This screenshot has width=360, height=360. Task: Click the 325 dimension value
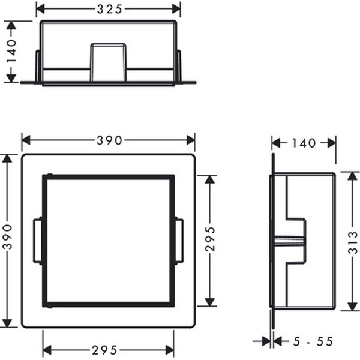point(109,9)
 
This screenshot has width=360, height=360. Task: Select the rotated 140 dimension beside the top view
point(11,51)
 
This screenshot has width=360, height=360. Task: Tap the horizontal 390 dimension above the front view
point(109,140)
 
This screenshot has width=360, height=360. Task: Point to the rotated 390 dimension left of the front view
point(7,237)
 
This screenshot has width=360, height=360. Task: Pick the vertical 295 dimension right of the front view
point(210,239)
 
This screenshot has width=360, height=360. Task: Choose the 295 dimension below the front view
point(104,350)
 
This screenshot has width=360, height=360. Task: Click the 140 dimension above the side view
point(304,143)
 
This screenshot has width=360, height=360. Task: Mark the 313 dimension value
point(353,242)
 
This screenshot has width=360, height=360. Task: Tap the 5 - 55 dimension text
point(313,341)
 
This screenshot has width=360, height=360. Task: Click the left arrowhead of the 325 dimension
point(40,9)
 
